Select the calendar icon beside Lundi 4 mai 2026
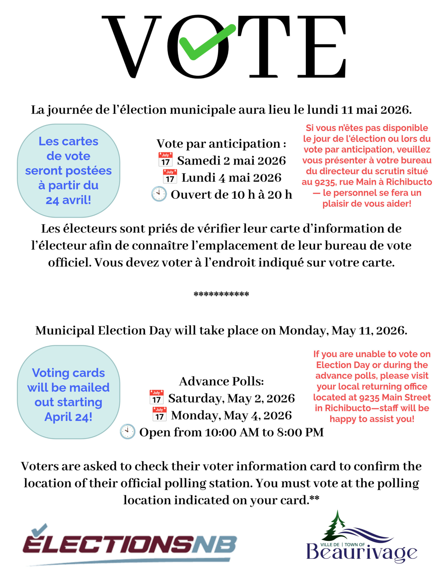(170, 176)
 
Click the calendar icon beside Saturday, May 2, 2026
(156, 397)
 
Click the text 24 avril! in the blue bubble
(68, 200)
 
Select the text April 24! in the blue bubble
(68, 417)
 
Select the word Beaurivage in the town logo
(362, 553)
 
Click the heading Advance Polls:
(221, 381)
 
